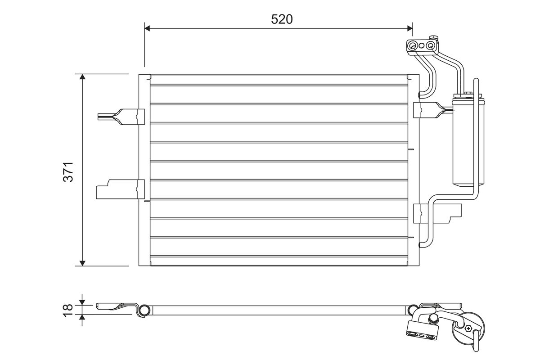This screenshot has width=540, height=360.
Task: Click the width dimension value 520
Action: click(x=282, y=19)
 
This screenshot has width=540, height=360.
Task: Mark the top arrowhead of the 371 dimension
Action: click(x=82, y=77)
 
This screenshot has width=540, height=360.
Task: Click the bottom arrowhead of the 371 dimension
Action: click(x=82, y=262)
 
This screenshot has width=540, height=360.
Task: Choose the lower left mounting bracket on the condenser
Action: click(x=119, y=189)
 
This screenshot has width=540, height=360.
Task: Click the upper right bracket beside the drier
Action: click(x=430, y=109)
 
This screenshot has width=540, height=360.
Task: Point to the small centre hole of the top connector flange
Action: click(x=422, y=45)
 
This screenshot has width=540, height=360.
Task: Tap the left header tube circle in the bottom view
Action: click(x=144, y=310)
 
